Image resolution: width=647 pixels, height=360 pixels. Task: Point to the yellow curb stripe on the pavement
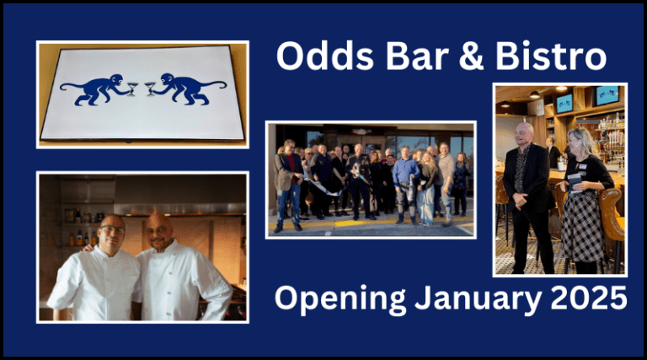tap(371, 225)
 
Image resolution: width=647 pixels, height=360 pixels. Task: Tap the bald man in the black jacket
tap(525, 194)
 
